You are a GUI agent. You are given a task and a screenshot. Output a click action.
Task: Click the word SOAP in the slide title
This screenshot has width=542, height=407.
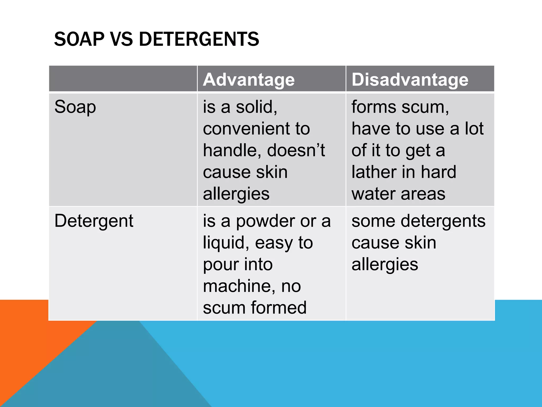[79, 39]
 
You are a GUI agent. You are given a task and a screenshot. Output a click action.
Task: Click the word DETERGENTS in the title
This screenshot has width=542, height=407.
[199, 39]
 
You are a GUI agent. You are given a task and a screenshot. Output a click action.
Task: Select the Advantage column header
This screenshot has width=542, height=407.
[249, 79]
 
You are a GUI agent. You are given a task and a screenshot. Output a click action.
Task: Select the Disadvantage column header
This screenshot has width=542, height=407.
[410, 79]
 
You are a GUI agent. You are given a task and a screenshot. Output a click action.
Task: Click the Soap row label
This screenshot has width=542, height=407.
[75, 107]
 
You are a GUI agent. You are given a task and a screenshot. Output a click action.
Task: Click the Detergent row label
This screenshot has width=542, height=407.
[94, 221]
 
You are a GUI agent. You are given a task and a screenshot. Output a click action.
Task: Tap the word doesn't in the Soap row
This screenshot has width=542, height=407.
[296, 150]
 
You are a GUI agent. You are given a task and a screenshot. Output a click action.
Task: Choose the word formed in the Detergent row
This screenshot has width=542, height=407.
[279, 308]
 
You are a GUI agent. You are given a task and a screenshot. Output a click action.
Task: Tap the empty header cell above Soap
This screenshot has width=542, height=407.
[123, 79]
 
